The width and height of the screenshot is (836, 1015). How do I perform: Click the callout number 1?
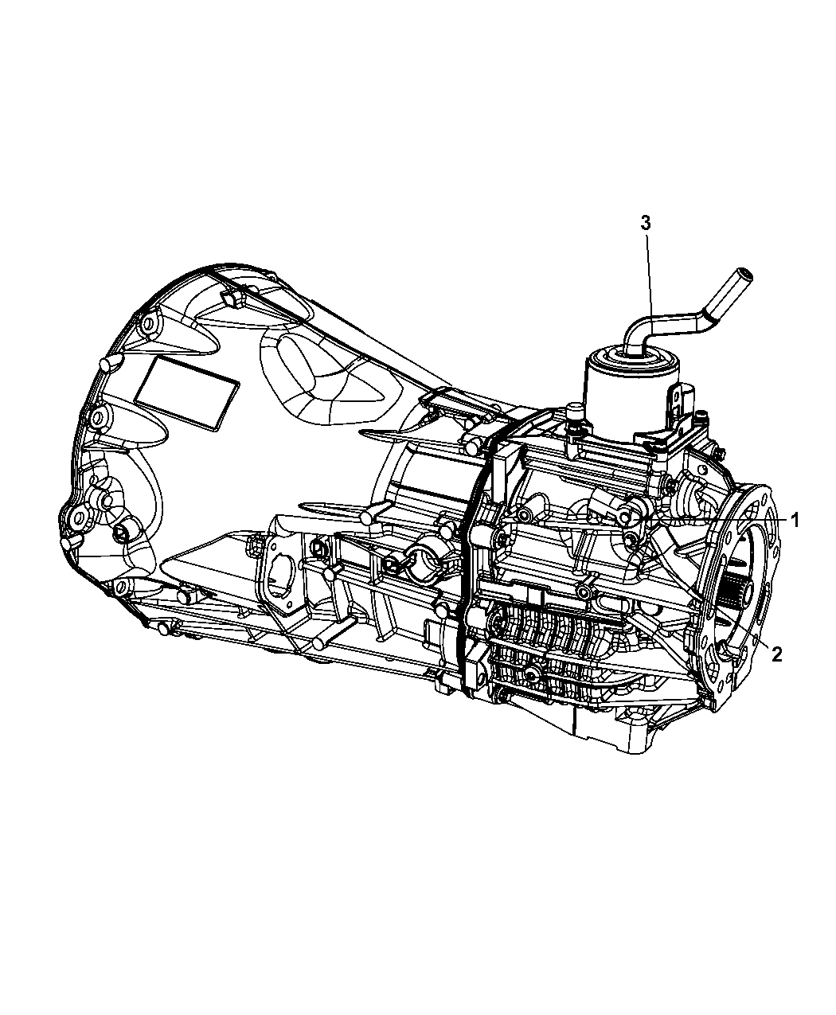[x=795, y=521]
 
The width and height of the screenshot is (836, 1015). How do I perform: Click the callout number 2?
[x=776, y=655]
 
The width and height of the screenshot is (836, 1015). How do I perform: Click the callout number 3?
[x=646, y=223]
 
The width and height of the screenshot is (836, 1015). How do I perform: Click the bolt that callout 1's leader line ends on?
[x=627, y=520]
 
